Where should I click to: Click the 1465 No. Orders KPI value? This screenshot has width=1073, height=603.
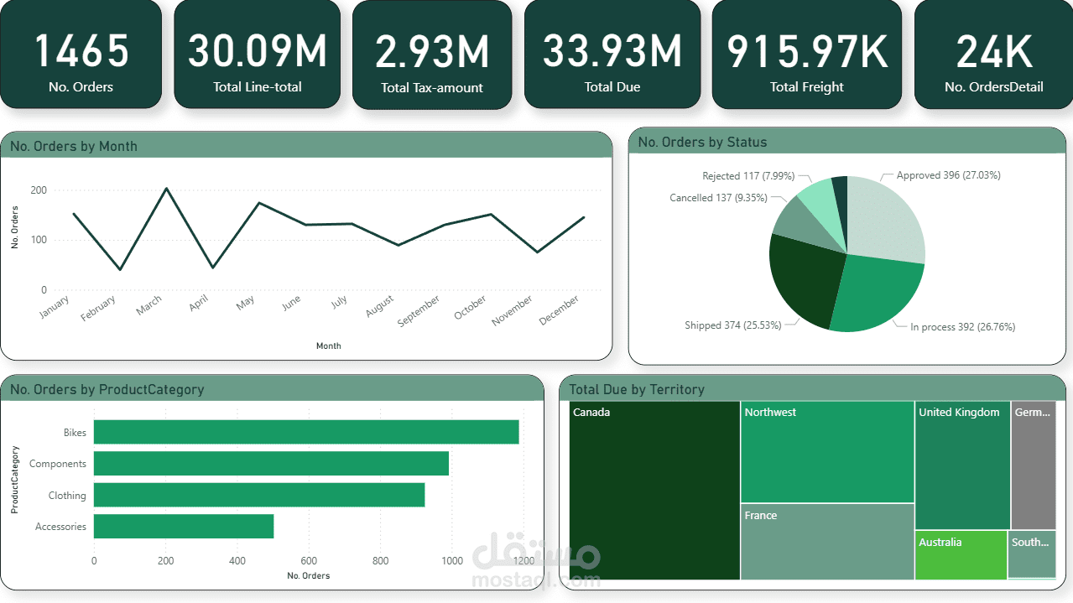pyautogui.click(x=81, y=50)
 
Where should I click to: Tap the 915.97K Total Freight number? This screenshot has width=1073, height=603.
pyautogui.click(x=806, y=51)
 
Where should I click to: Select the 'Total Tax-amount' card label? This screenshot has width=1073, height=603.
pyautogui.click(x=432, y=87)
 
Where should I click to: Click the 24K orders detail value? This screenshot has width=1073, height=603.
pyautogui.click(x=994, y=51)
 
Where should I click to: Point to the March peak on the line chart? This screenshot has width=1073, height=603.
pyautogui.click(x=166, y=189)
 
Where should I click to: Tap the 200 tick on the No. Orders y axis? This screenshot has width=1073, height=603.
pyautogui.click(x=39, y=190)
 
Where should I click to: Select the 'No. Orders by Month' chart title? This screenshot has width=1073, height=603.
pyautogui.click(x=74, y=146)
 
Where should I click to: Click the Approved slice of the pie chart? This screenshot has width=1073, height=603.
pyautogui.click(x=885, y=218)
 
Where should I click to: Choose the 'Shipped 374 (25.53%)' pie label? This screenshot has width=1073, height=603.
pyautogui.click(x=732, y=325)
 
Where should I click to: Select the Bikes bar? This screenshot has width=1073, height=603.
pyautogui.click(x=306, y=432)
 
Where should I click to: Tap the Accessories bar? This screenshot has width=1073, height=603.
pyautogui.click(x=184, y=527)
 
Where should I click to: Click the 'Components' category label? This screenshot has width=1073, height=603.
pyautogui.click(x=58, y=464)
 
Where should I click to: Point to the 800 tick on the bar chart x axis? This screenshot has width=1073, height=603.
pyautogui.click(x=380, y=561)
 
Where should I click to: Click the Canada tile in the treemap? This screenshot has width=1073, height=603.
pyautogui.click(x=654, y=491)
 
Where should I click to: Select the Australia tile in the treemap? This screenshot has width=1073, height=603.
pyautogui.click(x=961, y=555)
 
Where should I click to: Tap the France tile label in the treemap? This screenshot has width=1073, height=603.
pyautogui.click(x=761, y=516)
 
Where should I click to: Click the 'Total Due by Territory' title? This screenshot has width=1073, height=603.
pyautogui.click(x=637, y=389)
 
